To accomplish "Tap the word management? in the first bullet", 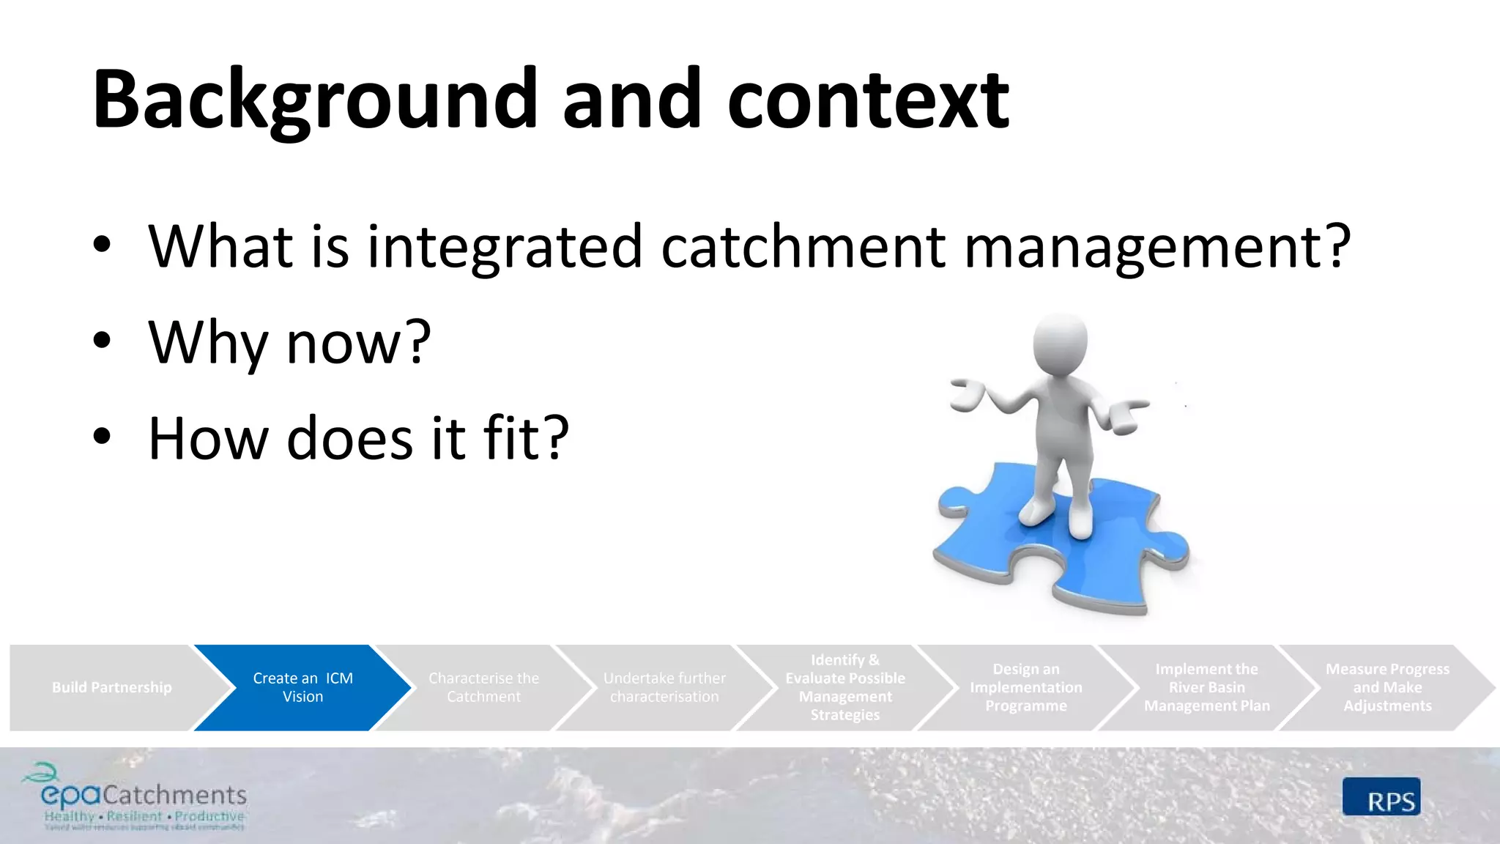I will (1157, 247).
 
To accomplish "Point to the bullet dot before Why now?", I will (102, 341).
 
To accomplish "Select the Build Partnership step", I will (111, 687).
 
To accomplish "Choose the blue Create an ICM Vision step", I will (302, 687).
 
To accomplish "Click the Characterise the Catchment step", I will (483, 687).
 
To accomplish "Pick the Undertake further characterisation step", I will (664, 687).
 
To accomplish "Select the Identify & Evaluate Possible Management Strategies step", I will (844, 687).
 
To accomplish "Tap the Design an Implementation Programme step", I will (1025, 687).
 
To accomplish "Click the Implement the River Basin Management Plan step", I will (1206, 687).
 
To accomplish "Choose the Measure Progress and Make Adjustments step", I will (1386, 687).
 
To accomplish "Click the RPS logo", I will (1381, 797).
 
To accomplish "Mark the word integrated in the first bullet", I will (504, 247).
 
